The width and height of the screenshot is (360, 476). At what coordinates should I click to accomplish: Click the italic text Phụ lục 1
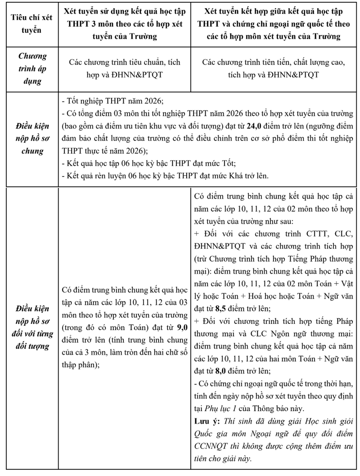coord(278,408)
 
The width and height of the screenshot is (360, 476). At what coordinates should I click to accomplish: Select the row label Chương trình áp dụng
coord(32,69)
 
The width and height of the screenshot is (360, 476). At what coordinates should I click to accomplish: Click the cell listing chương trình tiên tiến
coord(274,69)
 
